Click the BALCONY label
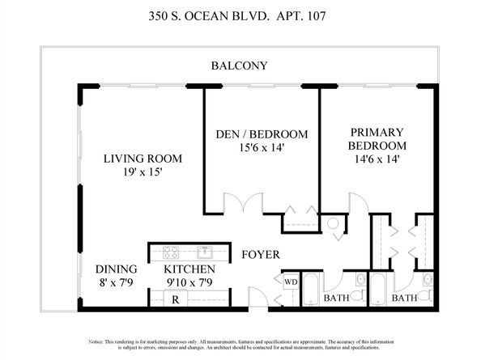239,66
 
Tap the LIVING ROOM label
143,159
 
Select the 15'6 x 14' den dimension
262,148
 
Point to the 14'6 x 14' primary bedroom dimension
377,159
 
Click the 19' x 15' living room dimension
143,172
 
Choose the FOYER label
261,255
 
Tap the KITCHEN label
189,269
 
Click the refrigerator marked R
175,299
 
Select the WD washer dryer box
291,282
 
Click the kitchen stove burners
171,252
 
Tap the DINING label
117,269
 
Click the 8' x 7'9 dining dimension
117,282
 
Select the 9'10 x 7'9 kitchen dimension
189,282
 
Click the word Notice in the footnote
96,342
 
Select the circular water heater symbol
333,223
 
